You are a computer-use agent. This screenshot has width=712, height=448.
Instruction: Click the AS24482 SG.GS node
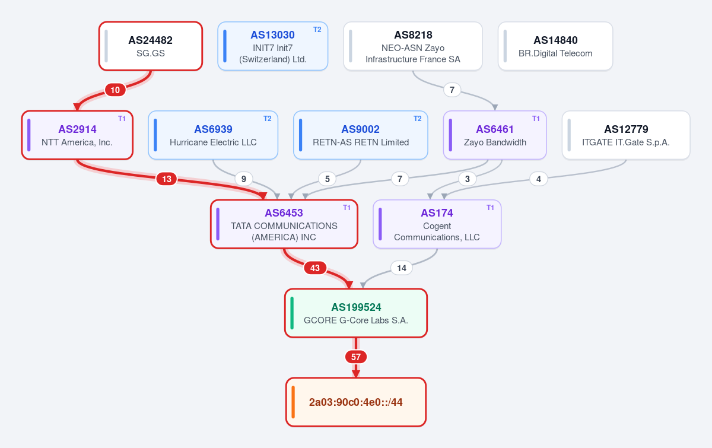click(151, 46)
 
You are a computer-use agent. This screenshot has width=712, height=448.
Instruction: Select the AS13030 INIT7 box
click(273, 46)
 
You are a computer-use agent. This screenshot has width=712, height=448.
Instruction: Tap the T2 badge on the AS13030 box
click(317, 30)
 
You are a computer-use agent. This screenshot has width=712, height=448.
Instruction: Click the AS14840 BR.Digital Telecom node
click(555, 46)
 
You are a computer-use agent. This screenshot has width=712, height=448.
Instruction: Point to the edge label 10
click(115, 90)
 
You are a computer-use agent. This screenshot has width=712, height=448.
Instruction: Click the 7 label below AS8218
click(452, 90)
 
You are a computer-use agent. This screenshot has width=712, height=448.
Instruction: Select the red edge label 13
click(167, 179)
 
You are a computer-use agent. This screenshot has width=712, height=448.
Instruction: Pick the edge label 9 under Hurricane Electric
click(243, 179)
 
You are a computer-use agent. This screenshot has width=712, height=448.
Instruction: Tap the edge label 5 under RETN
click(328, 179)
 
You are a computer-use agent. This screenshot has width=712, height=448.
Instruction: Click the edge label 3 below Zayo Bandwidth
click(468, 179)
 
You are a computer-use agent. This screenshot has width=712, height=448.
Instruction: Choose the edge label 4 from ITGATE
click(539, 179)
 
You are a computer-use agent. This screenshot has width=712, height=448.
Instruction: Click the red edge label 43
click(315, 268)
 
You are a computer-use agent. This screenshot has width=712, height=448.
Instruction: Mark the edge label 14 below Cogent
click(402, 268)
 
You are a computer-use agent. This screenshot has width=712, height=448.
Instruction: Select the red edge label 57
click(355, 357)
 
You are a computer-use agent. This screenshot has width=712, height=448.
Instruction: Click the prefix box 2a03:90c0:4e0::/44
click(355, 402)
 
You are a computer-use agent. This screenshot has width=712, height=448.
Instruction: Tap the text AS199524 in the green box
click(356, 307)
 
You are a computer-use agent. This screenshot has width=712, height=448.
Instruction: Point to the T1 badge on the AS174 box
click(490, 208)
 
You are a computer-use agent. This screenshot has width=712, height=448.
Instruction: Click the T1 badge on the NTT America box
click(122, 119)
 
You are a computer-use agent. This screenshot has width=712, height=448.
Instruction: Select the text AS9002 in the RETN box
click(361, 129)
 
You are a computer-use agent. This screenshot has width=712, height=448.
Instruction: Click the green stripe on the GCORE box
click(292, 313)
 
